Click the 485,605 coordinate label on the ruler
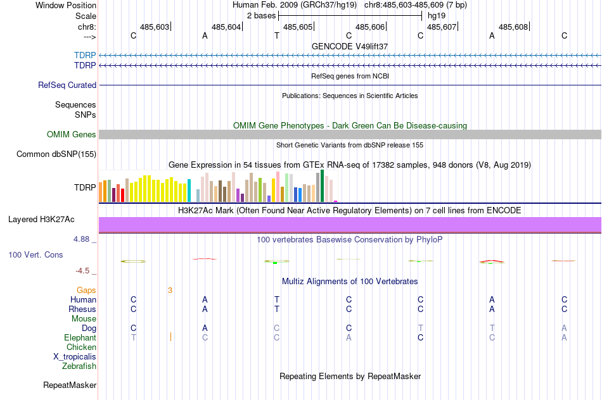point(298,27)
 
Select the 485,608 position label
point(513,27)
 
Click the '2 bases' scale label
point(261,15)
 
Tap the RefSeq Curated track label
point(67,85)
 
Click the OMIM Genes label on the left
point(72,134)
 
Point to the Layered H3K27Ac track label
point(41,220)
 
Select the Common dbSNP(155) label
point(56,154)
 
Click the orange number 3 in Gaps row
point(170,291)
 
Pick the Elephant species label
point(80,338)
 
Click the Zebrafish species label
point(79,366)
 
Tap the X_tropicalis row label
point(75,356)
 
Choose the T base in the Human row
point(276,300)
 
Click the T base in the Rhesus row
point(276,309)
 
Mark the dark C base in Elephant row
point(420,338)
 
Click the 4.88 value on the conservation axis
point(83,239)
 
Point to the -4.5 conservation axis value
point(83,271)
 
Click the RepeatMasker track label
point(70,385)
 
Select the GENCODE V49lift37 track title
point(350,46)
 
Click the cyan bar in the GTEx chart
point(189,191)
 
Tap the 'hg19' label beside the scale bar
point(437,15)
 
